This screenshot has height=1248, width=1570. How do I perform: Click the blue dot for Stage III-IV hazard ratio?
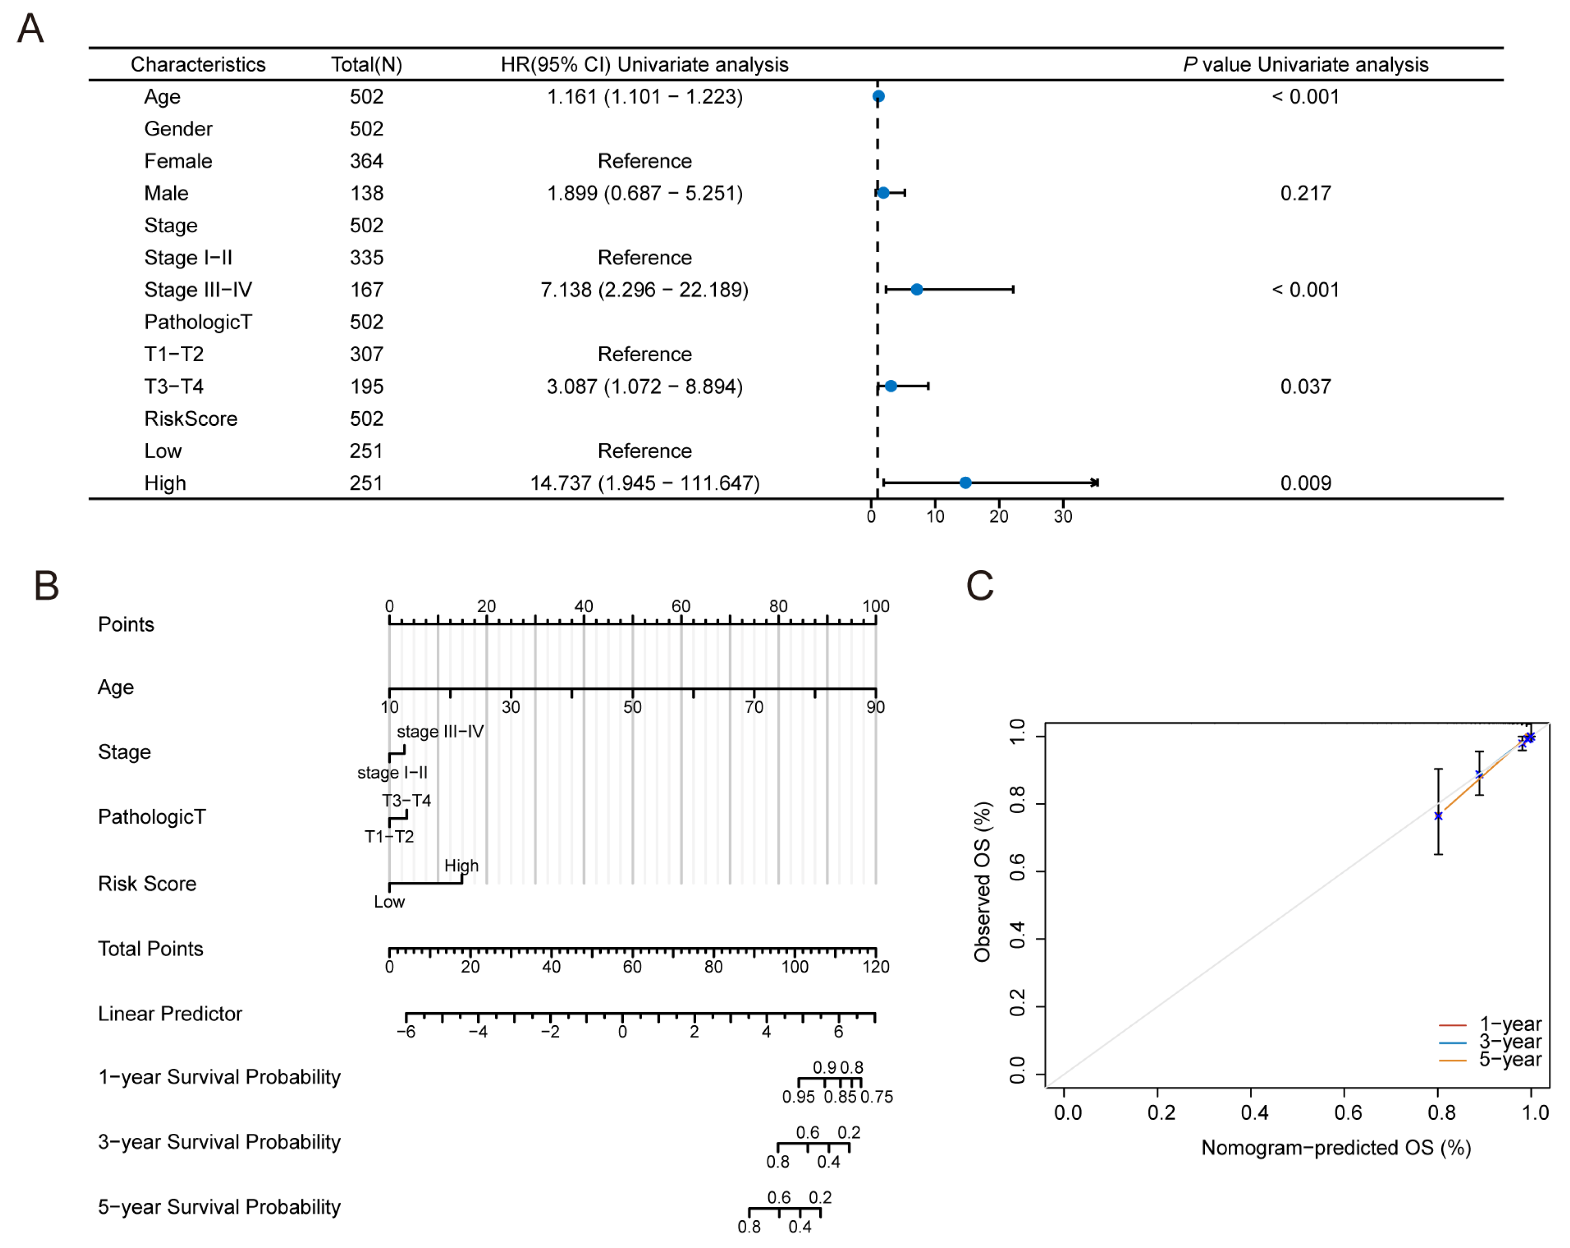tap(916, 289)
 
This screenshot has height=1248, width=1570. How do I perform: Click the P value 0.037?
tap(1305, 386)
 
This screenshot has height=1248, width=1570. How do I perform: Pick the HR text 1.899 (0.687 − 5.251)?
tap(645, 193)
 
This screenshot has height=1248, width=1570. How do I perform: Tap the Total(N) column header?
tap(367, 64)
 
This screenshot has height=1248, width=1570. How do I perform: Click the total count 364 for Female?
tap(367, 161)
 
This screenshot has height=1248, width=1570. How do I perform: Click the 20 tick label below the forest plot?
tap(999, 517)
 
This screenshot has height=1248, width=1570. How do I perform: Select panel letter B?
tap(46, 586)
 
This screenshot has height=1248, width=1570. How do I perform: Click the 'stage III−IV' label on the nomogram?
tap(440, 731)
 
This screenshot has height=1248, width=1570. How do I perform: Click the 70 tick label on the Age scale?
tap(754, 707)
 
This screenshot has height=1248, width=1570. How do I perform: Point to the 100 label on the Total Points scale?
tap(795, 966)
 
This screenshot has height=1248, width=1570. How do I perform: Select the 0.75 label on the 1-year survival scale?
tap(877, 1096)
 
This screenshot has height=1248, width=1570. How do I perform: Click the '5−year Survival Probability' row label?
tap(219, 1207)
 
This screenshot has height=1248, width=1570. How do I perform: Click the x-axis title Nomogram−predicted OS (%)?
tap(1336, 1147)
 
